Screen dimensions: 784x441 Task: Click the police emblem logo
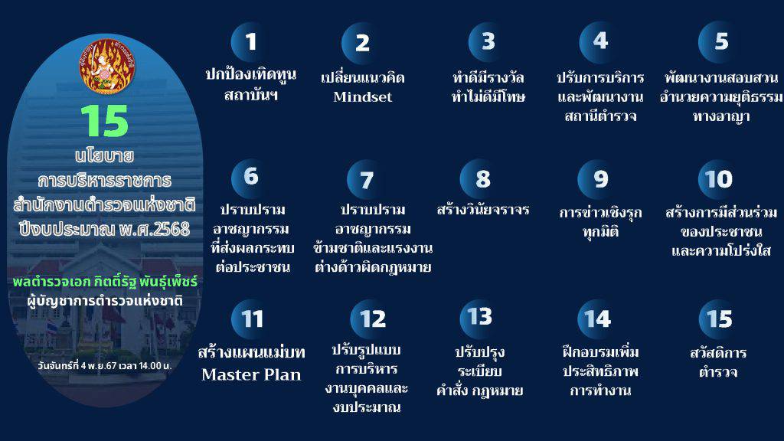coord(107,66)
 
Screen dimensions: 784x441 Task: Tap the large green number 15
coord(105,121)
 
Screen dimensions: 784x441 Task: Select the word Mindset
coord(362,96)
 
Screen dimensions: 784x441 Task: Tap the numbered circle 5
coord(718,41)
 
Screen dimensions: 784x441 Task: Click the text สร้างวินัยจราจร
coord(482,209)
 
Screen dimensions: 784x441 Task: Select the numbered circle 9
coord(598,179)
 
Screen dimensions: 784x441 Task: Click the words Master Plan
coord(251,374)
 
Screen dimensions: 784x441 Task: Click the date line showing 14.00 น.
coord(104,365)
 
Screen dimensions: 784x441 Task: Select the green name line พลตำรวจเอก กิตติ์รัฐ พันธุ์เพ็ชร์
coord(105,282)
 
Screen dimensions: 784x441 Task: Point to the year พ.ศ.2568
coord(155,230)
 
